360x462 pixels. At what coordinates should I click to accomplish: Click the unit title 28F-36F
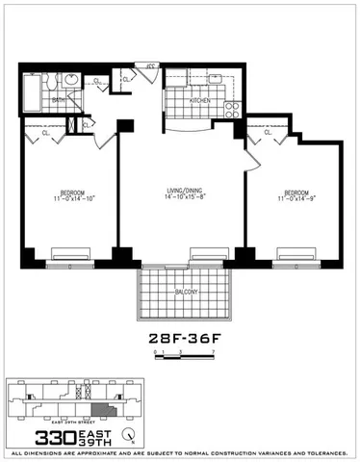(x=180, y=339)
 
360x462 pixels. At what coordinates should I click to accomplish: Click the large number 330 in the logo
(x=35, y=435)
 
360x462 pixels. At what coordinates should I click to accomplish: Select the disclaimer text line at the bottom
(x=180, y=451)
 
